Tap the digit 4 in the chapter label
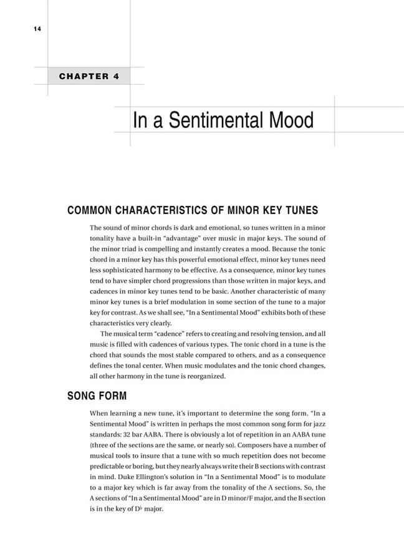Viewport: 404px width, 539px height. [117, 77]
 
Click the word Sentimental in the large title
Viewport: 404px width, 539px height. [226, 120]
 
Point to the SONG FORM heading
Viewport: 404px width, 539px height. [97, 396]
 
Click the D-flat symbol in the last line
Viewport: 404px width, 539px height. [132, 508]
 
